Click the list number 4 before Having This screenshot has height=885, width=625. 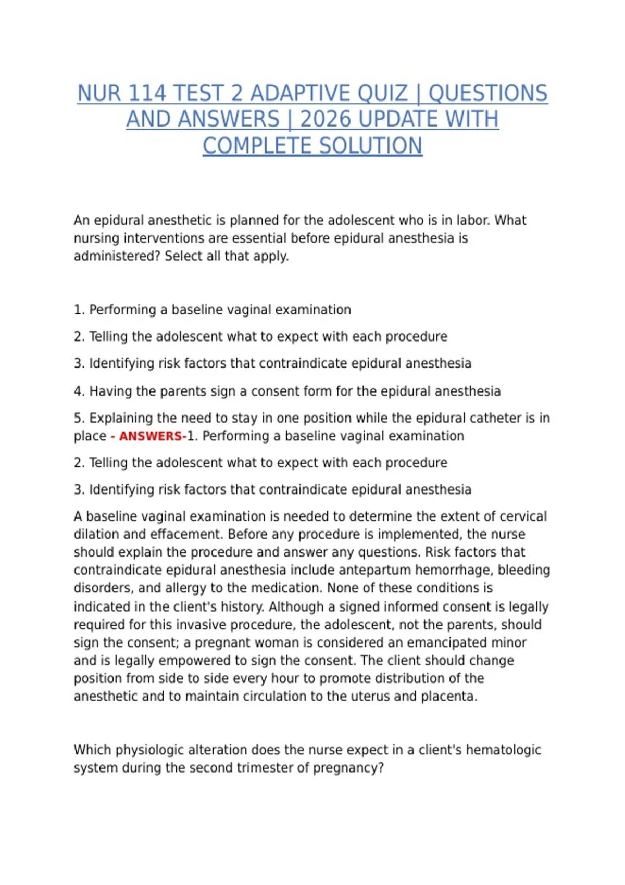(x=78, y=391)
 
